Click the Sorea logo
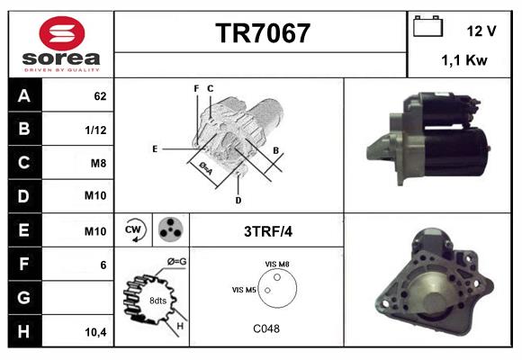tap(61, 44)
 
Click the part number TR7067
tap(262, 33)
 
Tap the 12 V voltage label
tap(481, 31)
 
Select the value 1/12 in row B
tap(95, 129)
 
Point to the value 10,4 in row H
tap(95, 332)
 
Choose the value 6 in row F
tap(103, 265)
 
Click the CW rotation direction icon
tap(133, 229)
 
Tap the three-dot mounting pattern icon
tap(169, 229)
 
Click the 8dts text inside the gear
tap(158, 300)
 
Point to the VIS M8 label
tap(277, 263)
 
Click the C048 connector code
tap(265, 328)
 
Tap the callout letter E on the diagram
tap(155, 148)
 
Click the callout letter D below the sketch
tap(238, 199)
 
